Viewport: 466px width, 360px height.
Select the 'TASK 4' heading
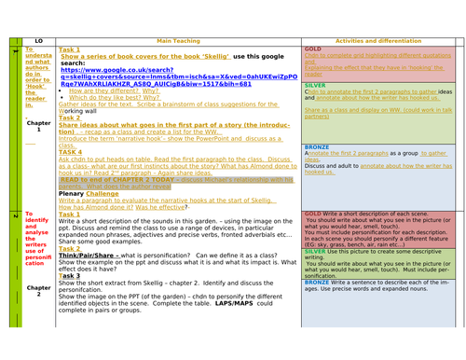click(71, 151)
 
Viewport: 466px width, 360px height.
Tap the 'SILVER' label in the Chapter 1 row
click(315, 83)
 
